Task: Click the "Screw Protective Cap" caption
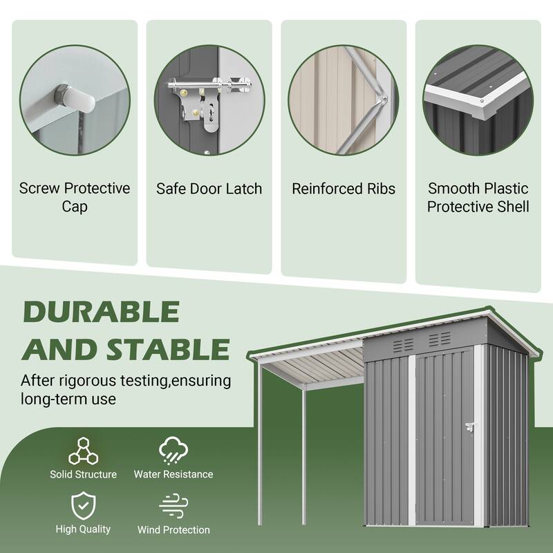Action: coord(75,197)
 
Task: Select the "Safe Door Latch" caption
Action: coord(209,189)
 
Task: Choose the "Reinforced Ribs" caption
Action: coord(344,189)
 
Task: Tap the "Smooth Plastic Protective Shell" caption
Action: coord(478,197)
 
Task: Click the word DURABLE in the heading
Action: coord(101,312)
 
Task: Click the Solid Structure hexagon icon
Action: coord(83,450)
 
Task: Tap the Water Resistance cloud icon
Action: coord(173,450)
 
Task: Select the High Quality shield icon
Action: coord(83,507)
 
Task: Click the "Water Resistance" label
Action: coord(174,474)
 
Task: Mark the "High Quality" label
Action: coord(83,529)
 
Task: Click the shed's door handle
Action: coord(471,429)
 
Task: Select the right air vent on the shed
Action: coord(439,339)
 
